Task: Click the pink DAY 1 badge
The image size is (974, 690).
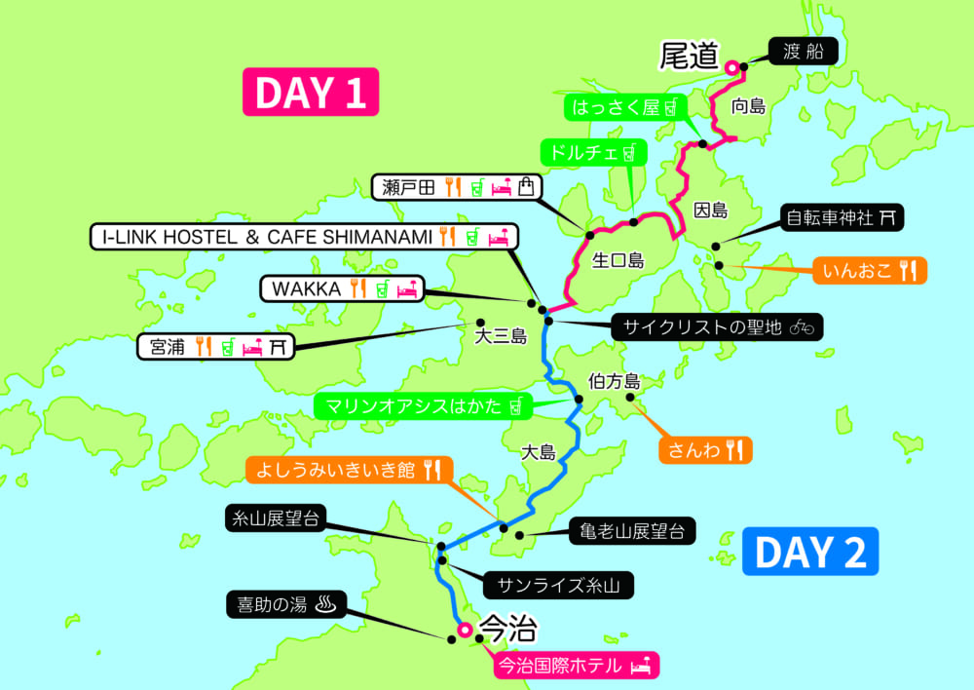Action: pos(310,93)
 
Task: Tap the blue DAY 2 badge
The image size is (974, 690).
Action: pos(810,552)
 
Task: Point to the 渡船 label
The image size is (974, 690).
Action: pos(804,52)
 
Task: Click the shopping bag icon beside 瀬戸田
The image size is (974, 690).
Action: pos(526,187)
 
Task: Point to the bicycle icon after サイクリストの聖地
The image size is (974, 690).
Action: pos(802,326)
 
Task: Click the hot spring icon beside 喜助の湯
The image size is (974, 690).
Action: pos(325,604)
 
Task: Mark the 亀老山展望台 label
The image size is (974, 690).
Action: pos(632,530)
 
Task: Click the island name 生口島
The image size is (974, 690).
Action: pos(618,260)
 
